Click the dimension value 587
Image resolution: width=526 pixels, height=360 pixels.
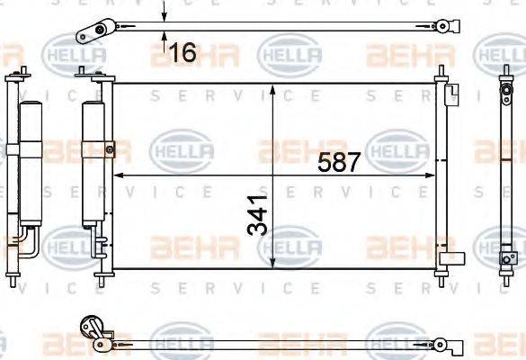340,163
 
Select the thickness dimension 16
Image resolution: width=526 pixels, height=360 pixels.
183,53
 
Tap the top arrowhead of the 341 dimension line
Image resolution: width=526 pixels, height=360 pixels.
273,91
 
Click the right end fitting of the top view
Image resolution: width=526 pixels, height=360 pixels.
441,25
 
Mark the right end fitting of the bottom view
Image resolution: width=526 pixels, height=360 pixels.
441,342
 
